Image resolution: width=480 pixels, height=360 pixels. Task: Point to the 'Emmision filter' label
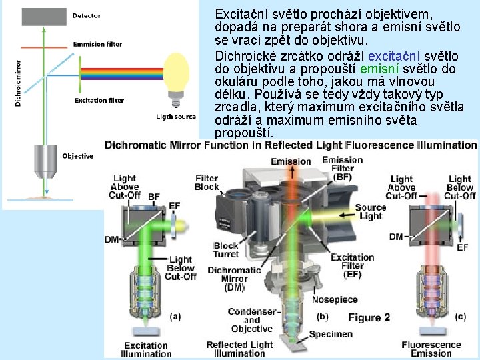pyautogui.click(x=98, y=44)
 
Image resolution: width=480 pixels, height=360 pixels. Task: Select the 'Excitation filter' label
pyautogui.click(x=99, y=101)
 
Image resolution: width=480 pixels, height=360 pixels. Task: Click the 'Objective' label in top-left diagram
pyautogui.click(x=77, y=156)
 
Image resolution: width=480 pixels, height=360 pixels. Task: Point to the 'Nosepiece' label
pyautogui.click(x=335, y=299)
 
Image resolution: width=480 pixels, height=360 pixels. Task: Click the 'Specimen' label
pyautogui.click(x=331, y=334)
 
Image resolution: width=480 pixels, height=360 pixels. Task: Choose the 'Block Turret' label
pyautogui.click(x=227, y=250)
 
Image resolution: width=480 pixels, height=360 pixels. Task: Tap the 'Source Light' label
pyautogui.click(x=370, y=211)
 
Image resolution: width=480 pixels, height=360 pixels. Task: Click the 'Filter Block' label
pyautogui.click(x=207, y=182)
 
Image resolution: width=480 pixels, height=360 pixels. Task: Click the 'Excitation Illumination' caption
pyautogui.click(x=145, y=349)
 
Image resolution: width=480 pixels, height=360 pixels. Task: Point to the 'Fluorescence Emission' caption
pyautogui.click(x=431, y=349)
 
